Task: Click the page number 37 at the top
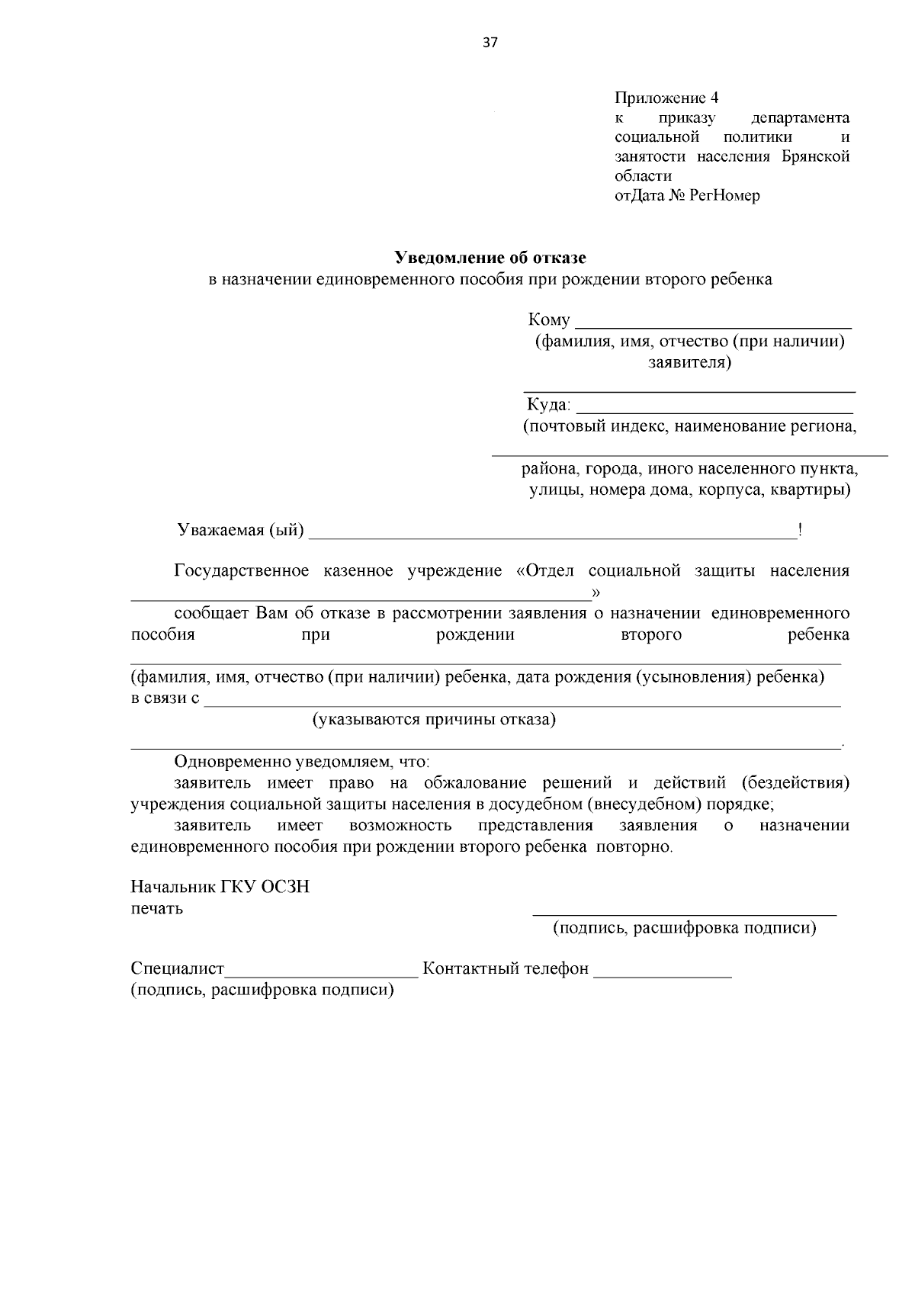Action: coord(490,43)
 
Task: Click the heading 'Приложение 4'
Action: coord(666,98)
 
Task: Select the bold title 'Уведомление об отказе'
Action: coord(490,258)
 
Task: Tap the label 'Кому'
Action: coord(548,320)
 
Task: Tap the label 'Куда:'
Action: coord(549,404)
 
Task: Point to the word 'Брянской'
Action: coord(815,157)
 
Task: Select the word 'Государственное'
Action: coord(242,571)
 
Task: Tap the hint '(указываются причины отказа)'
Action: coord(435,719)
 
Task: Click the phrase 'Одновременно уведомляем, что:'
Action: coord(303,762)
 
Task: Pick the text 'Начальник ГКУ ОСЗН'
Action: coord(220,888)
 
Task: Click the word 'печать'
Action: coord(157,909)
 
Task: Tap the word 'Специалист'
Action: coord(178,969)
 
